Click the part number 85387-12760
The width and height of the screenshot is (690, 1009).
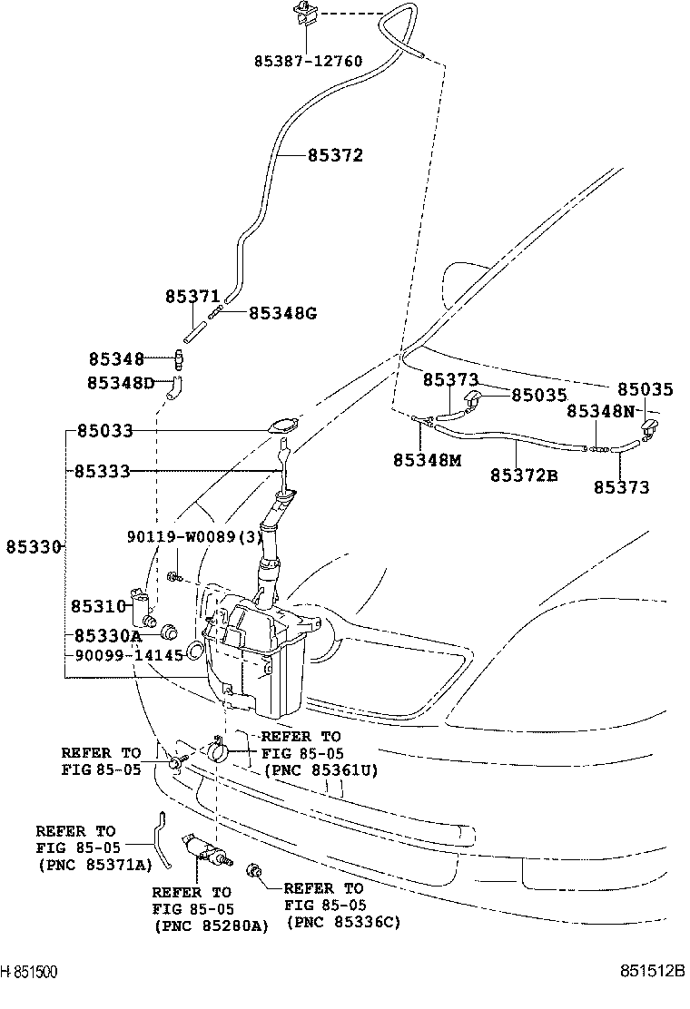pos(308,62)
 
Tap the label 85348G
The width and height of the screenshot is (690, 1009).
pos(282,313)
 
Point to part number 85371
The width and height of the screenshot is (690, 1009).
pos(192,297)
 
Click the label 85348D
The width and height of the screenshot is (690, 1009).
pos(122,383)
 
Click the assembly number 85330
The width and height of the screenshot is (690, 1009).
pos(34,546)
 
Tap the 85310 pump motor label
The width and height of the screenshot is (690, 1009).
pos(97,604)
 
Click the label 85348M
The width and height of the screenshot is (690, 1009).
pos(427,460)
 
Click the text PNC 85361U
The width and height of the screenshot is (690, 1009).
pos(320,769)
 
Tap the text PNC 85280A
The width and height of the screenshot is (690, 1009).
pos(211,926)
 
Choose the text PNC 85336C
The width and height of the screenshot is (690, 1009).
pos(343,923)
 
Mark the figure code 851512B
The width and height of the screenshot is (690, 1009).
pos(653,971)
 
